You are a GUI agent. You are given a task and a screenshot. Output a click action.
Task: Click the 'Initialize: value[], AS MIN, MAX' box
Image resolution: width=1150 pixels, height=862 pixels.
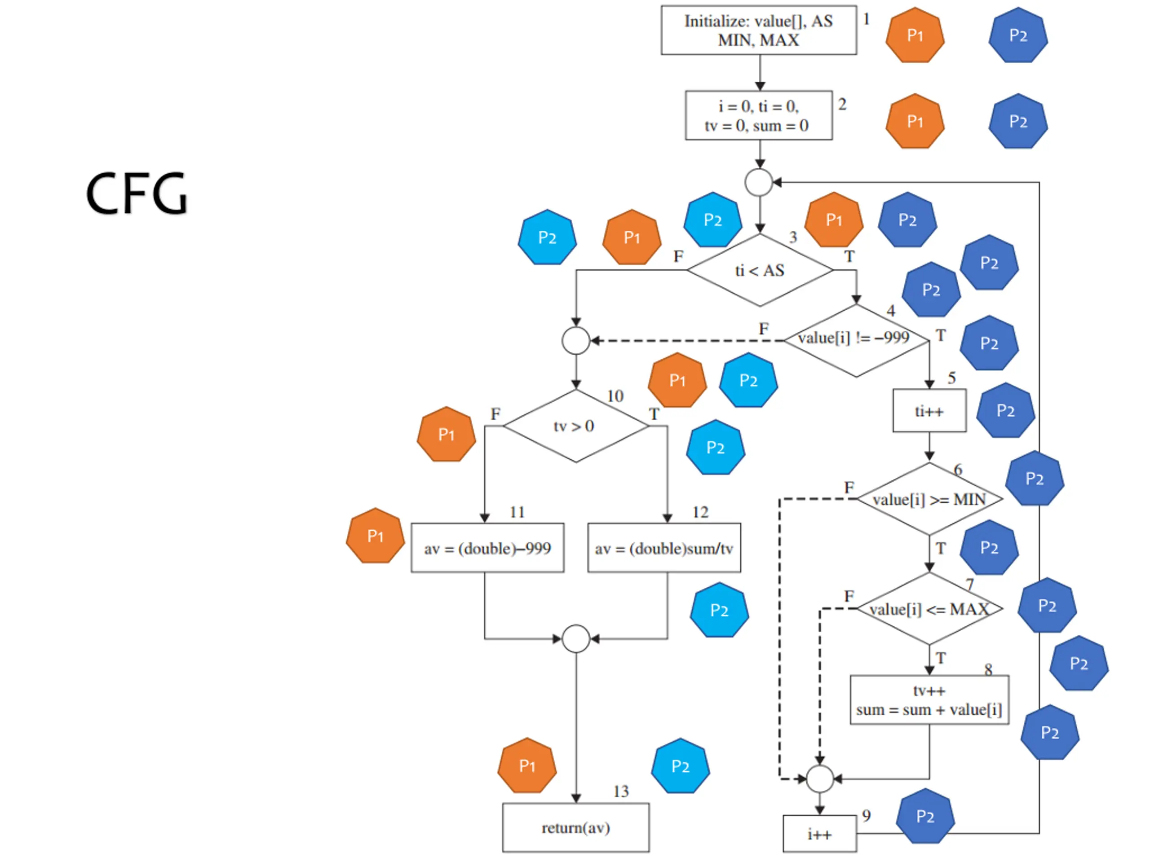(x=759, y=30)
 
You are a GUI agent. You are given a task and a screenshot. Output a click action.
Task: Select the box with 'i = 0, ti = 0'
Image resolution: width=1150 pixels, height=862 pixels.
(x=759, y=115)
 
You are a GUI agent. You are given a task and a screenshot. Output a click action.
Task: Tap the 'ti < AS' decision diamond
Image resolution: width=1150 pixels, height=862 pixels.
(x=760, y=270)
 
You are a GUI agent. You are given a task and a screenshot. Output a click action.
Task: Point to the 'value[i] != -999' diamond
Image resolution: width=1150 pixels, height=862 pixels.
(x=856, y=340)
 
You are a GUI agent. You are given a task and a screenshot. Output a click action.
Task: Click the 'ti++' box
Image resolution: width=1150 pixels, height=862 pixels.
(x=929, y=410)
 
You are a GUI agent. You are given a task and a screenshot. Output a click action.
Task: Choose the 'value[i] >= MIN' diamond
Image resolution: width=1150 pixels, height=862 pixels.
(x=929, y=499)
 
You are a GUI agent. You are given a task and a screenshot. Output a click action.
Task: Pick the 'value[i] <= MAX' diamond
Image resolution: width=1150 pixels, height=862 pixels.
(x=929, y=608)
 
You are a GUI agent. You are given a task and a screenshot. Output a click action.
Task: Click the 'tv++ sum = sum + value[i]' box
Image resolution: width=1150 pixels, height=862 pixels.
(x=929, y=700)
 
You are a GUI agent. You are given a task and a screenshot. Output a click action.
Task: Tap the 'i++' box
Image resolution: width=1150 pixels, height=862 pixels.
(x=820, y=833)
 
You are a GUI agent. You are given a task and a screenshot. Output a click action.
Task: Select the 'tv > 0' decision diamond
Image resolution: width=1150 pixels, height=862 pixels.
(x=576, y=426)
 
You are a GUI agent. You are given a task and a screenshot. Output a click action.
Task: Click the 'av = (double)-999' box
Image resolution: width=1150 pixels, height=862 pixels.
(x=488, y=548)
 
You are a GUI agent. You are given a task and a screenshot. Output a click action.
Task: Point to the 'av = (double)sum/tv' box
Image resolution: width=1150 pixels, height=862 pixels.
(x=664, y=548)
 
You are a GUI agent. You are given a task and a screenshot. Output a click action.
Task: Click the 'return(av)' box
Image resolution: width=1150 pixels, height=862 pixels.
(x=576, y=828)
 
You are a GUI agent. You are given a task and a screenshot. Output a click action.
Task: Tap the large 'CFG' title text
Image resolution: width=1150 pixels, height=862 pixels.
(x=136, y=194)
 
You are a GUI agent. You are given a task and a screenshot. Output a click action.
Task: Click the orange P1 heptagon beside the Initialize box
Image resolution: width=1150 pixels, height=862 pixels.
(x=915, y=35)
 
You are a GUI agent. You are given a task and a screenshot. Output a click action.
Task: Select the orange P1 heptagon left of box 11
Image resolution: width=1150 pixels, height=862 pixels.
(x=376, y=536)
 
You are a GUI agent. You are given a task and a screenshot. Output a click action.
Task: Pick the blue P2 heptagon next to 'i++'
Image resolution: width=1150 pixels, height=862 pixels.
(x=925, y=816)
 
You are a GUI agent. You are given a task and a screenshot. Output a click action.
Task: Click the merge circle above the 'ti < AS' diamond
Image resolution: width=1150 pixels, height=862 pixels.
(x=759, y=182)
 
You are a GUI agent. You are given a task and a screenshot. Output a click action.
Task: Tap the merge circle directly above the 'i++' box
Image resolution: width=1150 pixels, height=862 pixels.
(x=820, y=779)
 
